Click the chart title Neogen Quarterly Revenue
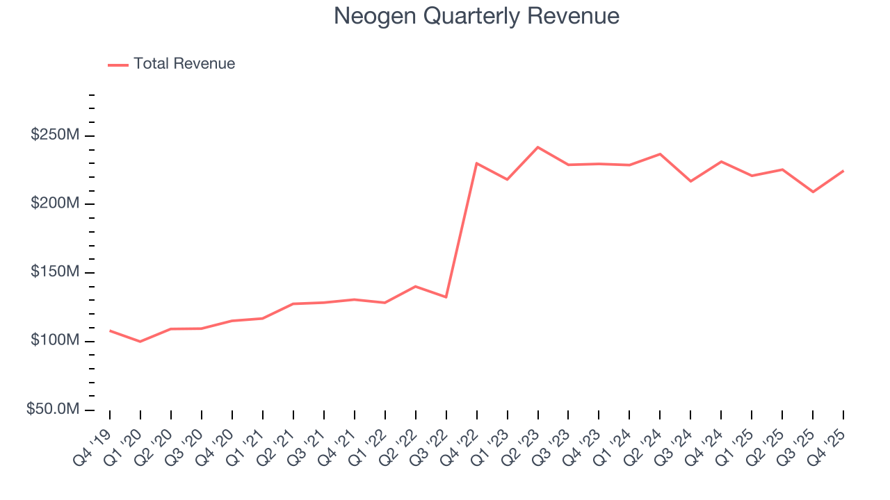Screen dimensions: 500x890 [x=476, y=16]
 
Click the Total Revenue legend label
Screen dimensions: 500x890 [x=184, y=64]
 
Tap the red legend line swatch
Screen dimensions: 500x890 [x=118, y=65]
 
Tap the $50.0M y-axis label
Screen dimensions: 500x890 [x=53, y=410]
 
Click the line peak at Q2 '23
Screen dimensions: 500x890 [x=537, y=147]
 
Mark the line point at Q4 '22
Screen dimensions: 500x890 [x=476, y=163]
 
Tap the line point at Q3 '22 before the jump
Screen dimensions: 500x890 [x=446, y=297]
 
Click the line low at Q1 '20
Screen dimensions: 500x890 [x=140, y=342]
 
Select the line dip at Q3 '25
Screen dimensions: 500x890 [x=813, y=192]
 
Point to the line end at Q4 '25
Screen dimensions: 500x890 [x=843, y=171]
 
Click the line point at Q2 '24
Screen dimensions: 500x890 [x=660, y=154]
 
